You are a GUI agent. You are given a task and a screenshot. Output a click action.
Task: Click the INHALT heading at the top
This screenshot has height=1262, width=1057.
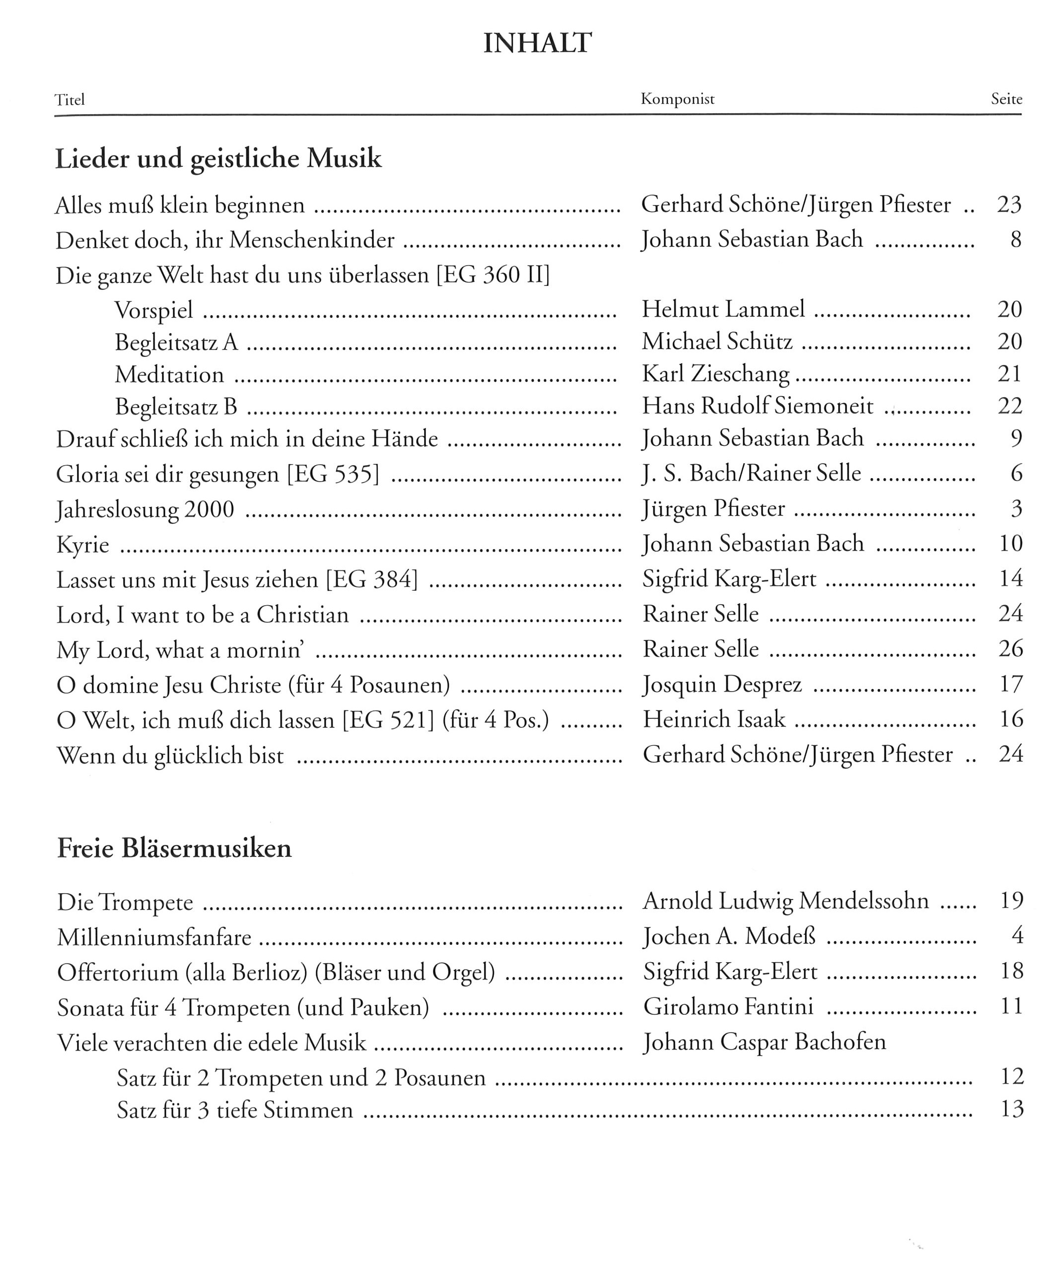537,43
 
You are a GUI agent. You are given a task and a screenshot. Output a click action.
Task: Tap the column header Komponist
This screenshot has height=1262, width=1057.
677,99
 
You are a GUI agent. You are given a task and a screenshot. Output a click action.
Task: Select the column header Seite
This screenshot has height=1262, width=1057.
1006,99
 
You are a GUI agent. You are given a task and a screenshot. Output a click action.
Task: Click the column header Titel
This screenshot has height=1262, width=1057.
70,100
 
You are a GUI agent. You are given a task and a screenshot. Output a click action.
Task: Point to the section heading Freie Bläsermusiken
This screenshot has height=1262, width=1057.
174,848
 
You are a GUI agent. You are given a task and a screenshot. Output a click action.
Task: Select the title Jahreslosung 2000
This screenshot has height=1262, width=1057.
145,509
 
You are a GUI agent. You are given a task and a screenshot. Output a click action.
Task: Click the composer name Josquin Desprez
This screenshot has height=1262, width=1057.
722,685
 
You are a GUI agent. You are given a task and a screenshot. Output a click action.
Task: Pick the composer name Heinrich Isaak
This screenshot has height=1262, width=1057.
714,719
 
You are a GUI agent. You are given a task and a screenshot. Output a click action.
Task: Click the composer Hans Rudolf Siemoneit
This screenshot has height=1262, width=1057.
757,406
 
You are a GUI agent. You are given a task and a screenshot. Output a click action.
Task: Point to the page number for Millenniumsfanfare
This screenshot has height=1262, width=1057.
1017,936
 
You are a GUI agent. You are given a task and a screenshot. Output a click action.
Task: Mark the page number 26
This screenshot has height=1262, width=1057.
1011,649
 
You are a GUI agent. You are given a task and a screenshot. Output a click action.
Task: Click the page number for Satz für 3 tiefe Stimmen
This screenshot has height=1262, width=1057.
1012,1110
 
